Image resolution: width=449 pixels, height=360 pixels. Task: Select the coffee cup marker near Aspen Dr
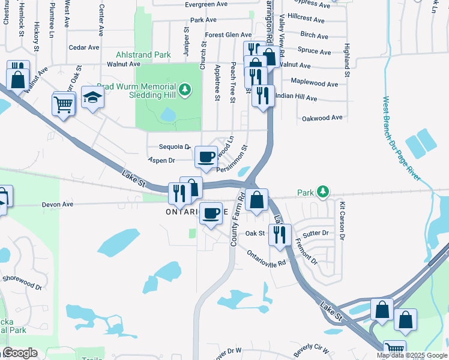coord(206,157)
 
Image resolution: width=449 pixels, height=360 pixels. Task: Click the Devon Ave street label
coord(57,205)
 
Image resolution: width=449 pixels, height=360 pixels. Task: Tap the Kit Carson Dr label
coord(343,221)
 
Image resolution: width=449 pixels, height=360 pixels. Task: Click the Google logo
coord(19,353)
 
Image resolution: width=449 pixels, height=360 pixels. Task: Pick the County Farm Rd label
coord(238,219)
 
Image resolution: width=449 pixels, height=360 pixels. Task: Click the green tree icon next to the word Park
coord(324,191)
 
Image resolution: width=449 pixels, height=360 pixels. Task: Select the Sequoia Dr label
coord(175,146)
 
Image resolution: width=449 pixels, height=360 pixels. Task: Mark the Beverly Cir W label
coord(311,349)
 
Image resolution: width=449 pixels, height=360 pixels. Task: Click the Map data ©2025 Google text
coord(411,355)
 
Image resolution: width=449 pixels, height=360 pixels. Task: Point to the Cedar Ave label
coord(84,47)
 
